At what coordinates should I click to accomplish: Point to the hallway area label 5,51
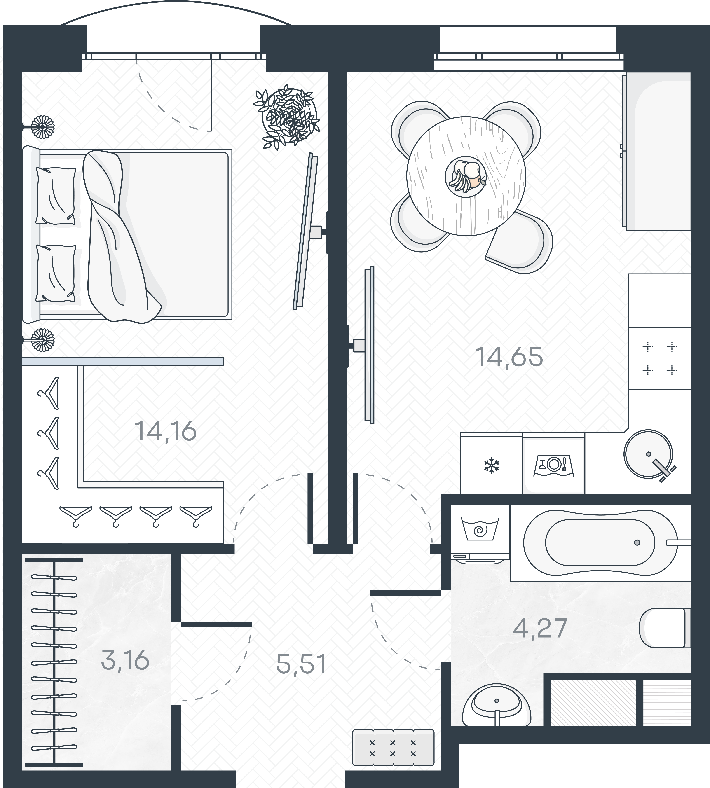coord(301,664)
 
